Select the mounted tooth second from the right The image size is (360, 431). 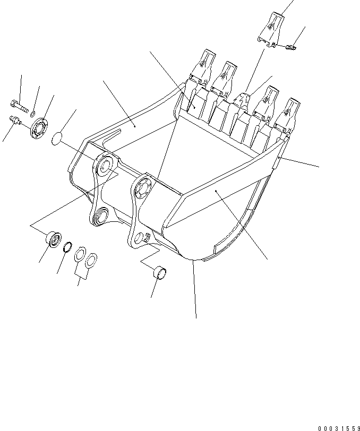tap(269, 99)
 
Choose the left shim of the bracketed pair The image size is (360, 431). tap(80, 254)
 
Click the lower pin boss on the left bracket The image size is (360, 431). tap(100, 215)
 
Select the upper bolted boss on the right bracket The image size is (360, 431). tap(143, 186)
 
